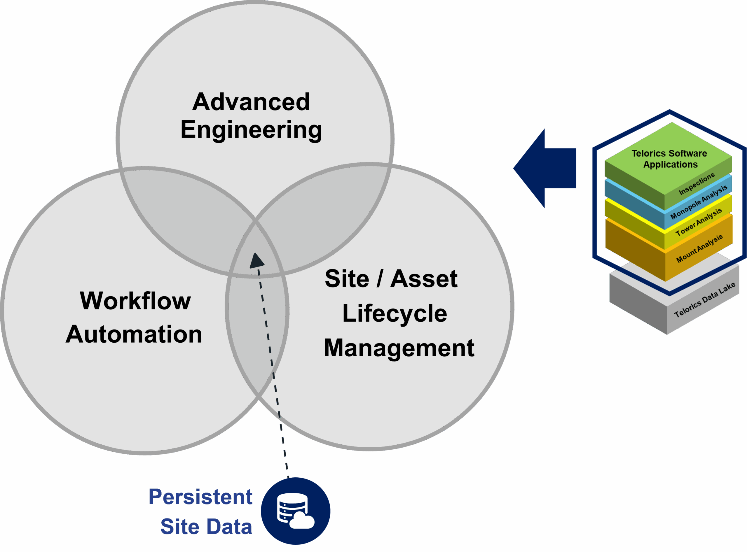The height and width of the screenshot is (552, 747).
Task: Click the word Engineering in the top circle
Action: (251, 130)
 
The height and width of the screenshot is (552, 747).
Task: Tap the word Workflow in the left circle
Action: (135, 301)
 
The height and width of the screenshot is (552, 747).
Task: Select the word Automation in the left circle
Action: (134, 334)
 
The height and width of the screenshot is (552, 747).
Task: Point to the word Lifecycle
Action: (395, 313)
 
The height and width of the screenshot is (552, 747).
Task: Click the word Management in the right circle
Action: (399, 348)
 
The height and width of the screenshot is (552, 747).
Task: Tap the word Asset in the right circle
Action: (424, 279)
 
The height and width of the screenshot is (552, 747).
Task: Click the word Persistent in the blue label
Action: (200, 497)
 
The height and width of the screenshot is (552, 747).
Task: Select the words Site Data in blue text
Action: (206, 527)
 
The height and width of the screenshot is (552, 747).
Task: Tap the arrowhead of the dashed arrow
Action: (256, 261)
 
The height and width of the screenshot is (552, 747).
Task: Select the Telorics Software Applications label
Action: (669, 159)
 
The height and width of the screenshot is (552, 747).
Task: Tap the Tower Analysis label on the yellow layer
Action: (699, 222)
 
